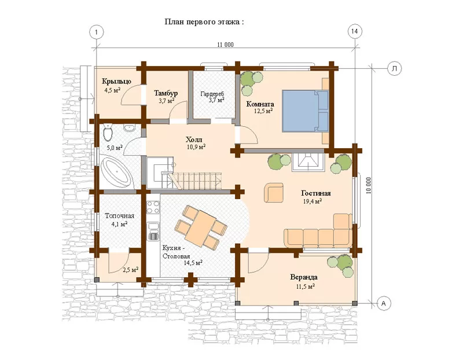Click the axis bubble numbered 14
(x=355, y=31)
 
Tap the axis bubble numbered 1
(x=97, y=31)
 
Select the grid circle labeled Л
(x=394, y=68)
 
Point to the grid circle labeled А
(x=384, y=303)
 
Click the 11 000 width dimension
(x=225, y=45)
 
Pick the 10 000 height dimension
(x=368, y=185)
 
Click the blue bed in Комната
(x=306, y=111)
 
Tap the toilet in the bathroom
(x=108, y=133)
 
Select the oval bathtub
(x=116, y=172)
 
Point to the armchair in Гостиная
(x=274, y=193)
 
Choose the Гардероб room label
(x=212, y=94)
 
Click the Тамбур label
(x=166, y=93)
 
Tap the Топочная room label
(x=120, y=216)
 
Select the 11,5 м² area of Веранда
(x=305, y=286)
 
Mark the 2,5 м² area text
(x=131, y=269)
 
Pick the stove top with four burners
(x=153, y=207)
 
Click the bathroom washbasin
(x=129, y=128)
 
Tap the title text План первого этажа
(x=204, y=21)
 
